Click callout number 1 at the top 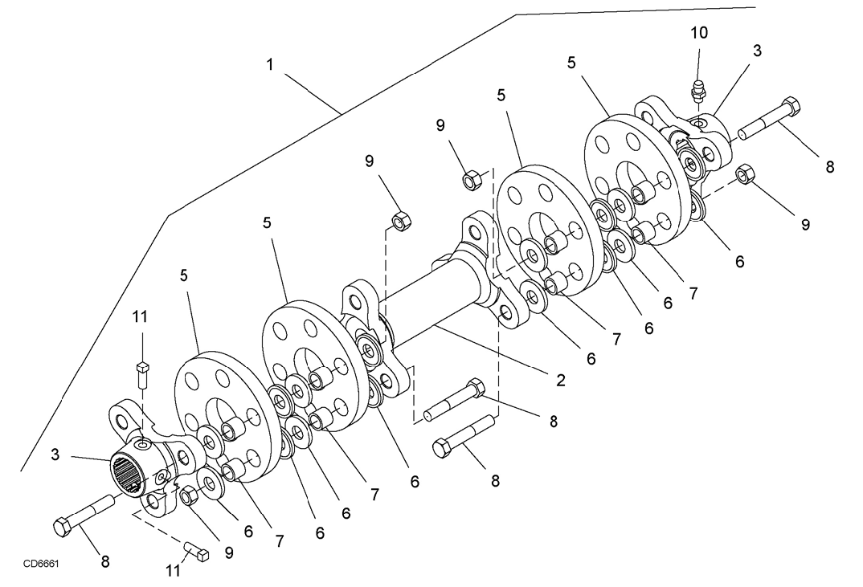pos(270,65)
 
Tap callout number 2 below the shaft pos(560,380)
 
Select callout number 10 pos(699,33)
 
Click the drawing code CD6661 pos(41,564)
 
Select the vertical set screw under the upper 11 pos(142,375)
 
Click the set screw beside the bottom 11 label pos(196,551)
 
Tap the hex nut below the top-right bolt pos(745,174)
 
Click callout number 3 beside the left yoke pos(55,455)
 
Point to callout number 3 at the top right pos(757,51)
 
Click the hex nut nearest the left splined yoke pos(190,495)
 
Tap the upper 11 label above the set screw pos(140,316)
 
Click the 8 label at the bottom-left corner pos(105,561)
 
